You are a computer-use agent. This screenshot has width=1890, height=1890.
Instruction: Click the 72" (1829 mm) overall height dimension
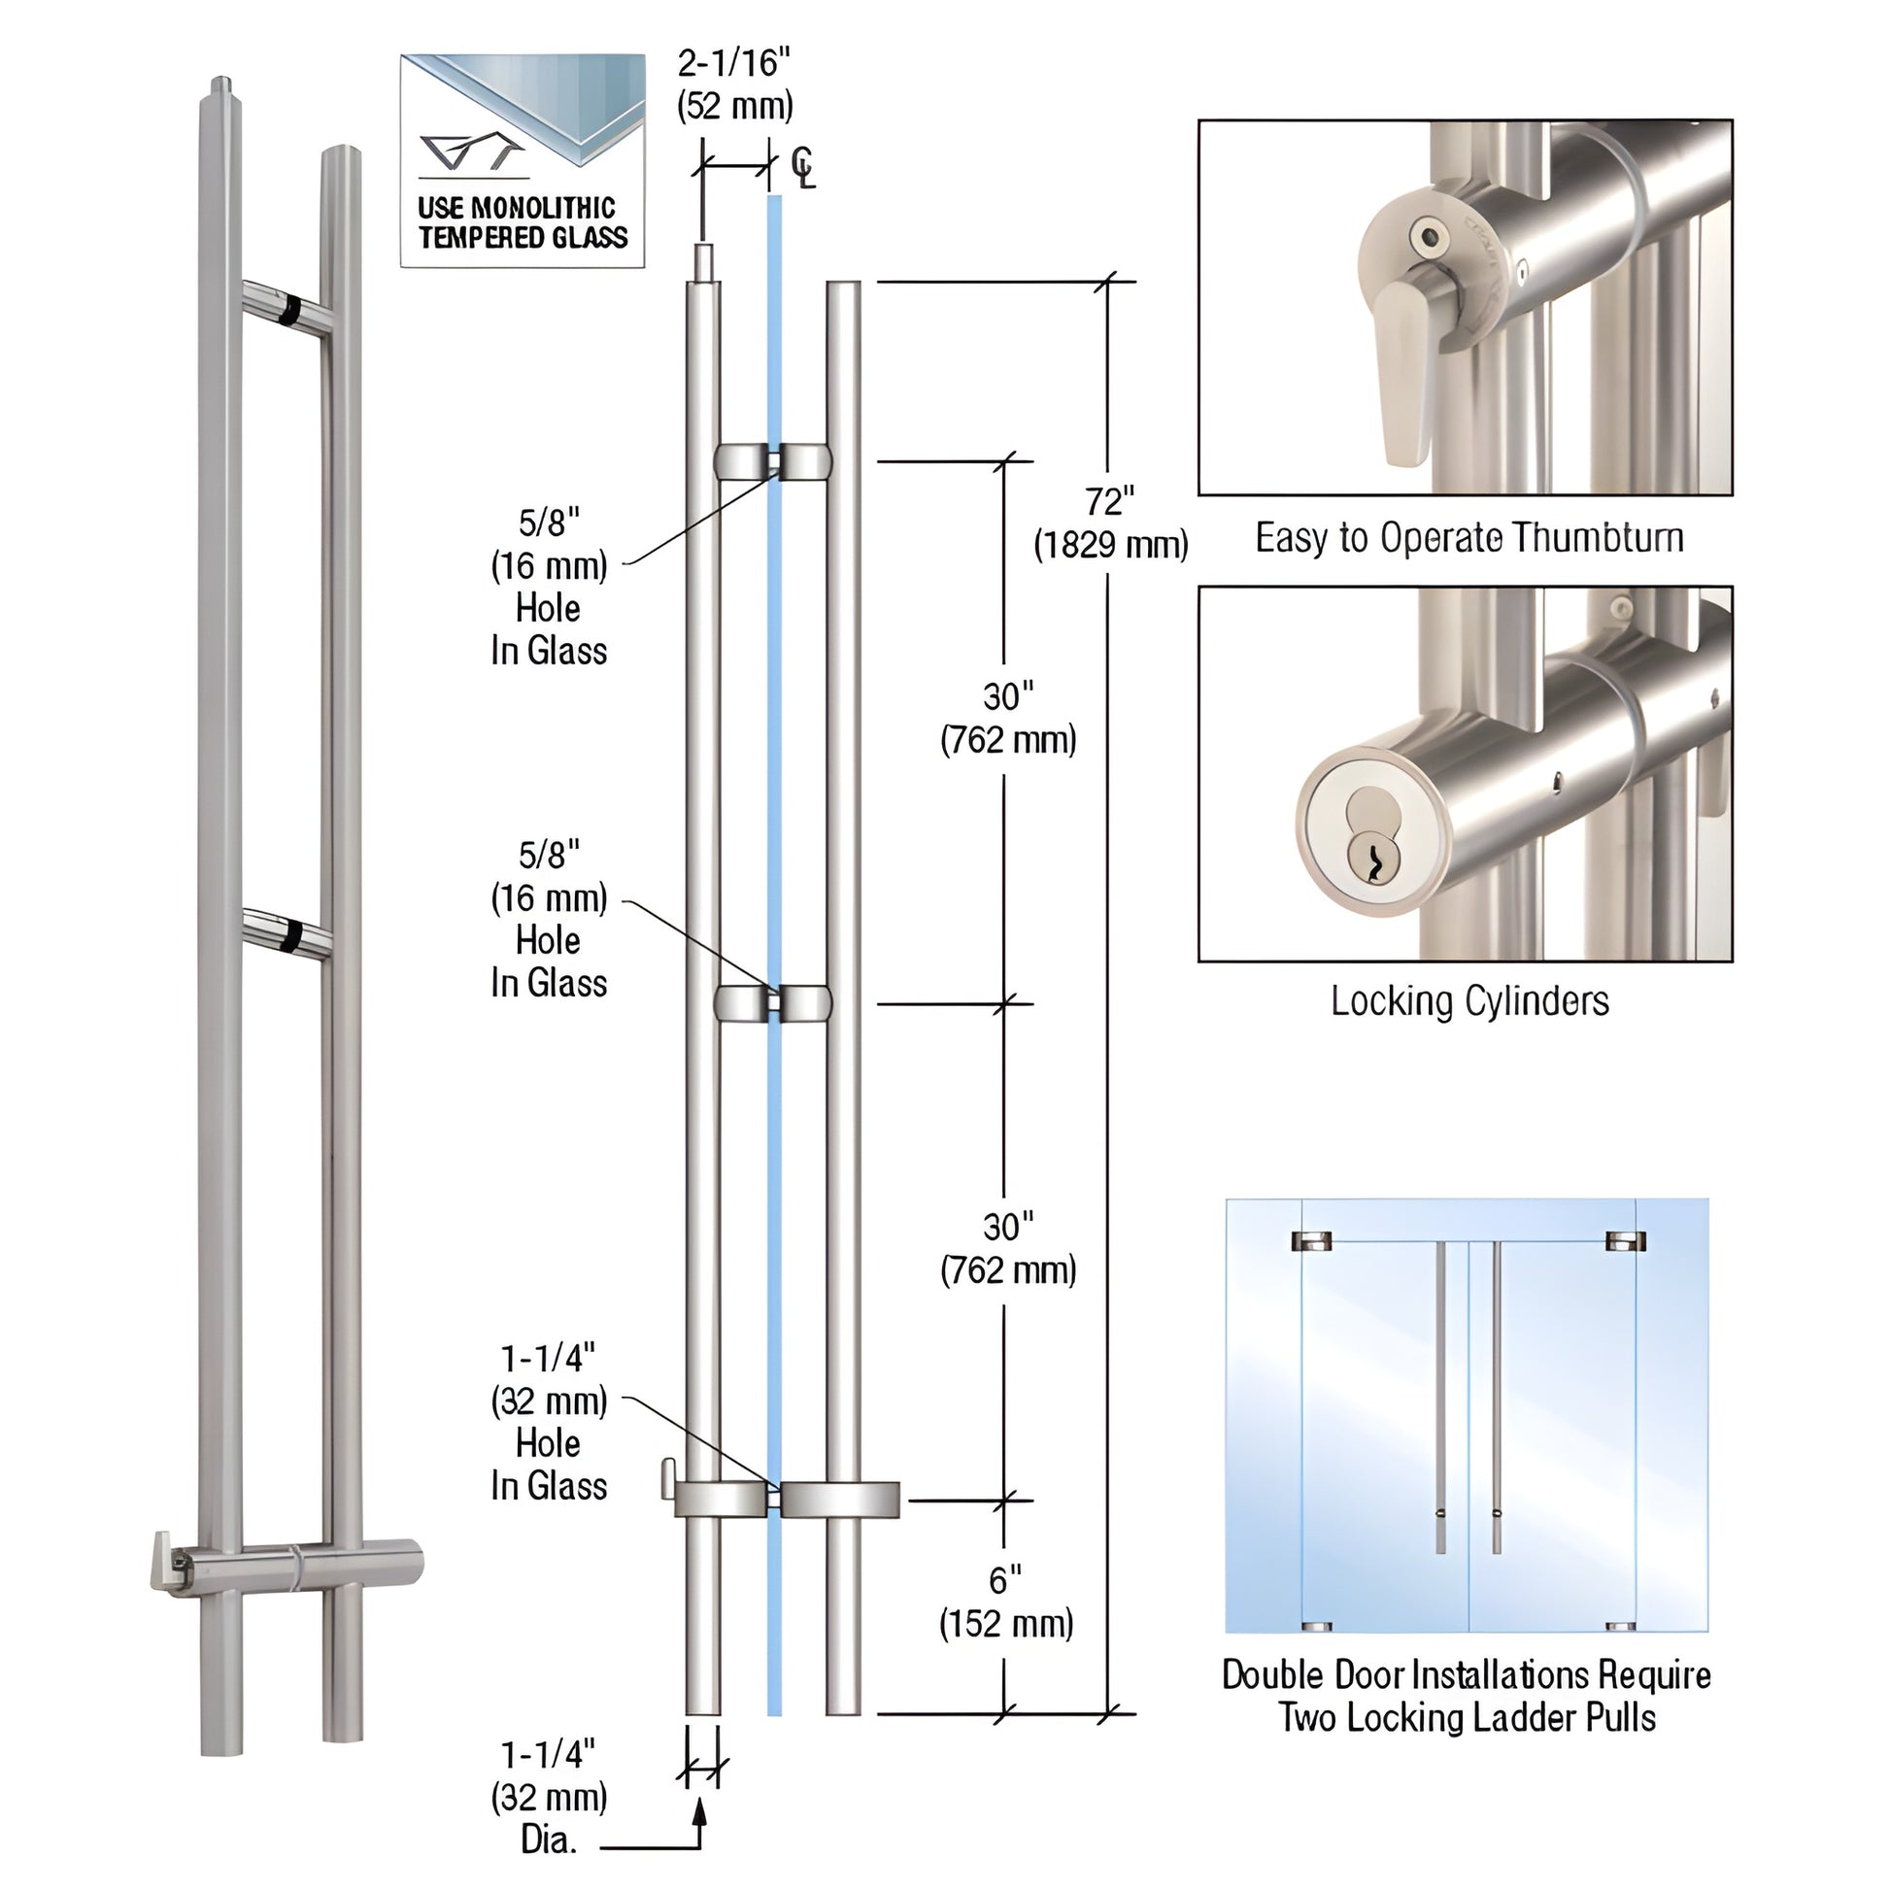point(1110,523)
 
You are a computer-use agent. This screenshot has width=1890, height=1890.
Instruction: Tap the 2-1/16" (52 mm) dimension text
point(734,84)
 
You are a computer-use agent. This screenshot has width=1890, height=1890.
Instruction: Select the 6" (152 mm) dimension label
point(1005,1602)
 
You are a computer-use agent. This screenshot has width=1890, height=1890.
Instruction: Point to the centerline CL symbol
point(802,167)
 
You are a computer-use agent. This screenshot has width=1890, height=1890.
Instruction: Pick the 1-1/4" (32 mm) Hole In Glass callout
point(549,1422)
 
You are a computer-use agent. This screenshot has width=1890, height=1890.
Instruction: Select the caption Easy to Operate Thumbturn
point(1468,538)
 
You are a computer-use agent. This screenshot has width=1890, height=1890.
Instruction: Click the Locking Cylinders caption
point(1468,1000)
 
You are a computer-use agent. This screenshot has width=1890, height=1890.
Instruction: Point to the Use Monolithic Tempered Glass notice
point(523,222)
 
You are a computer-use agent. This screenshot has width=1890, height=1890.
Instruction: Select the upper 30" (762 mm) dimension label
point(1007,719)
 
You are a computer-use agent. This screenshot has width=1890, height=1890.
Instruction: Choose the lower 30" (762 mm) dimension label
point(1007,1249)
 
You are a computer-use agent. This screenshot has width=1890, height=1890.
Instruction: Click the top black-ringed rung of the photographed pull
point(288,309)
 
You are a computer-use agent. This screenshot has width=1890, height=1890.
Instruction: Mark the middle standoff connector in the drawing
point(773,1003)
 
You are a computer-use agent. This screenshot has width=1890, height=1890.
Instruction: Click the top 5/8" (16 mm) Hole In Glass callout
point(549,586)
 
